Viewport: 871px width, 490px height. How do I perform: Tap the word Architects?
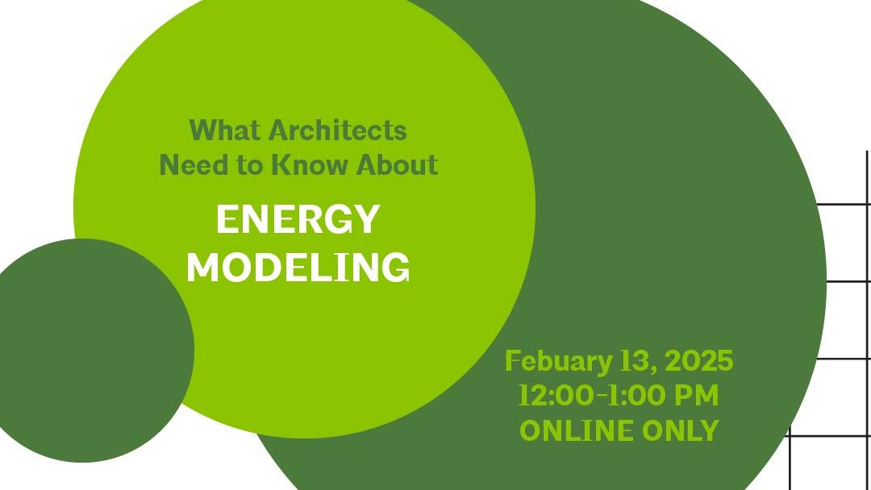[338, 129]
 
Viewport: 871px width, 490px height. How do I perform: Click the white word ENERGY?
[298, 219]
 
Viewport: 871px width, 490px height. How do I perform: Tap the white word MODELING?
[298, 267]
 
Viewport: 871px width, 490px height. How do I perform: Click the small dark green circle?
[89, 355]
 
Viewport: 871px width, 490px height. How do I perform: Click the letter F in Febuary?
[512, 361]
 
